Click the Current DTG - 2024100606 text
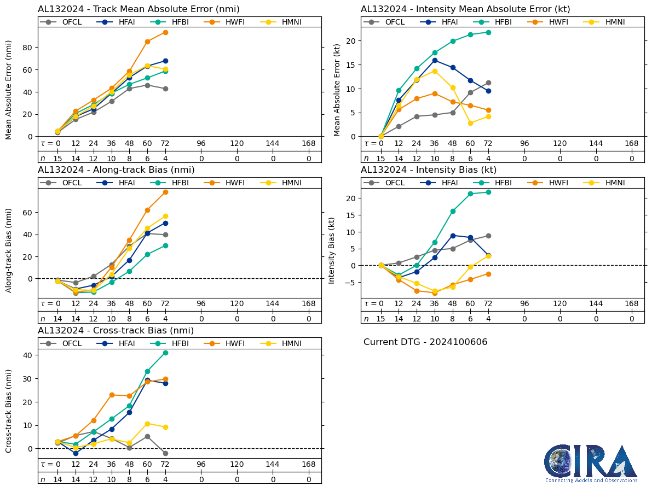click(x=425, y=342)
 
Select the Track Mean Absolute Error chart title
click(x=139, y=9)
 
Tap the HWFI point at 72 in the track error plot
click(x=165, y=32)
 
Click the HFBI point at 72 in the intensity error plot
click(x=488, y=32)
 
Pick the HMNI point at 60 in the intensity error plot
click(x=470, y=123)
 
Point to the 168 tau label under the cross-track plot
click(x=309, y=465)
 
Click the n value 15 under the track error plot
click(x=57, y=159)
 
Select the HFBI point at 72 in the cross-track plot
click(x=165, y=353)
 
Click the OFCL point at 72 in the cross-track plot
click(x=165, y=453)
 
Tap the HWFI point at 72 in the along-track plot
click(x=165, y=192)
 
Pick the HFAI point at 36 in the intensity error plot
click(x=435, y=60)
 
